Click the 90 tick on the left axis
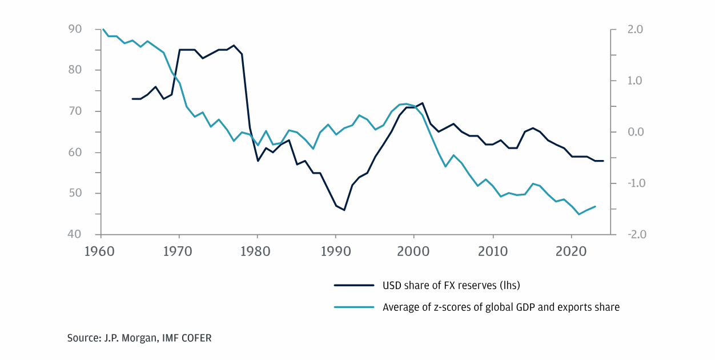75,29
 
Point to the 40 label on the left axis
75,234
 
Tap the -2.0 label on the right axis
634,234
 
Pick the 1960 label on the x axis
101,252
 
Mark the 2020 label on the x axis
572,252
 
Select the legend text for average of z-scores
501,307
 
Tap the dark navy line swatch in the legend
354,285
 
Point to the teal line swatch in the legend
354,307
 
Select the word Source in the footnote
81,338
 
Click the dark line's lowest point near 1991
344,210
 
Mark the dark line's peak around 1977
234,45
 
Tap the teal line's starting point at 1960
102,29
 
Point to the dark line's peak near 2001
423,103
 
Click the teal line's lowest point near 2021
579,214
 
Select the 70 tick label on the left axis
75,111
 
